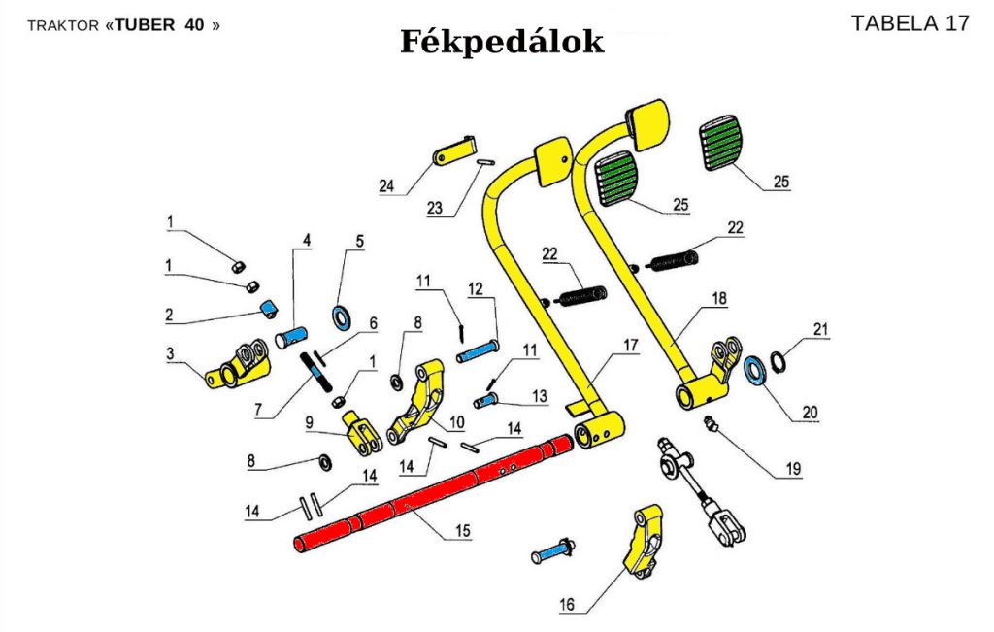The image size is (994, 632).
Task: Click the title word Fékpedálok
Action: pyautogui.click(x=502, y=42)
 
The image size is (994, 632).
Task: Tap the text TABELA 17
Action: pyautogui.click(x=910, y=24)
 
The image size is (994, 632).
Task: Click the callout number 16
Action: pyautogui.click(x=567, y=606)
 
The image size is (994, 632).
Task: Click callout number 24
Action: pyautogui.click(x=387, y=185)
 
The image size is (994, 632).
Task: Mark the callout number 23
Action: pyautogui.click(x=434, y=209)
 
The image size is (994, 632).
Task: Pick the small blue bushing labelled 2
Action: pyautogui.click(x=268, y=309)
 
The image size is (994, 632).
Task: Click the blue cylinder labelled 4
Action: pyautogui.click(x=289, y=338)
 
